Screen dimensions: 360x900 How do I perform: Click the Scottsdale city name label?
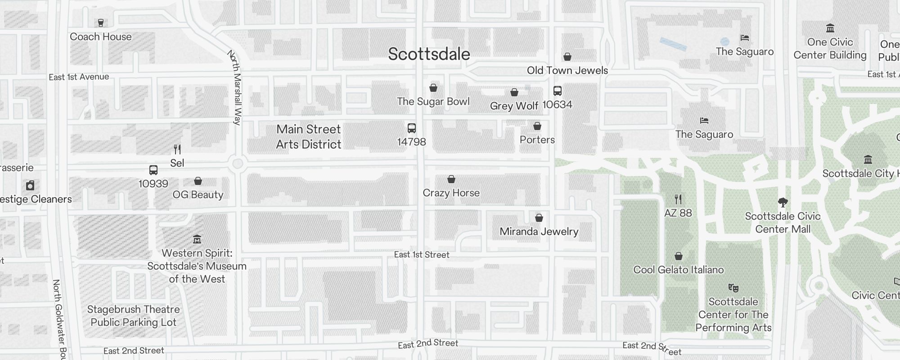[429, 54]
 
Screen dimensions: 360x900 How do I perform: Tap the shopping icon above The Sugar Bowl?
[433, 88]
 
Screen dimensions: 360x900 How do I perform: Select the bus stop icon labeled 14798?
[411, 128]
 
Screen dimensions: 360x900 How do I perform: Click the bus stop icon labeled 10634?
[557, 91]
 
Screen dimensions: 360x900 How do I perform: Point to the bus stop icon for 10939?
[153, 170]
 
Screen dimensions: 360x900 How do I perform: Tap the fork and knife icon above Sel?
[177, 149]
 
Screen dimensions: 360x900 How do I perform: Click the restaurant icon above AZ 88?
[678, 199]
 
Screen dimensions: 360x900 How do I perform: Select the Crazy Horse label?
[451, 193]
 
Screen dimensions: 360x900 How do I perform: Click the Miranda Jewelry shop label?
[539, 232]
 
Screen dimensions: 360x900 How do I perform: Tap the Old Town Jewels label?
[567, 71]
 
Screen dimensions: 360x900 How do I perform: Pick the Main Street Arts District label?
[309, 137]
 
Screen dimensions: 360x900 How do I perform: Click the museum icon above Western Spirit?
[197, 239]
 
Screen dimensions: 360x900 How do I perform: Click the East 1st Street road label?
[421, 255]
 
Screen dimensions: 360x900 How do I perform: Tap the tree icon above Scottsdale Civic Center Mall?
[783, 202]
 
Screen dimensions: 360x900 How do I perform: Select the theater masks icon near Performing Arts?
[733, 288]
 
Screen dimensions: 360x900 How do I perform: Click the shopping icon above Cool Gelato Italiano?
[679, 256]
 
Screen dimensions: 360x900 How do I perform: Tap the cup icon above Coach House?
[101, 22]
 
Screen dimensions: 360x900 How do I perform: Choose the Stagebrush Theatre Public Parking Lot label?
[133, 316]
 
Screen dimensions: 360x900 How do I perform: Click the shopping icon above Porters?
[537, 126]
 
